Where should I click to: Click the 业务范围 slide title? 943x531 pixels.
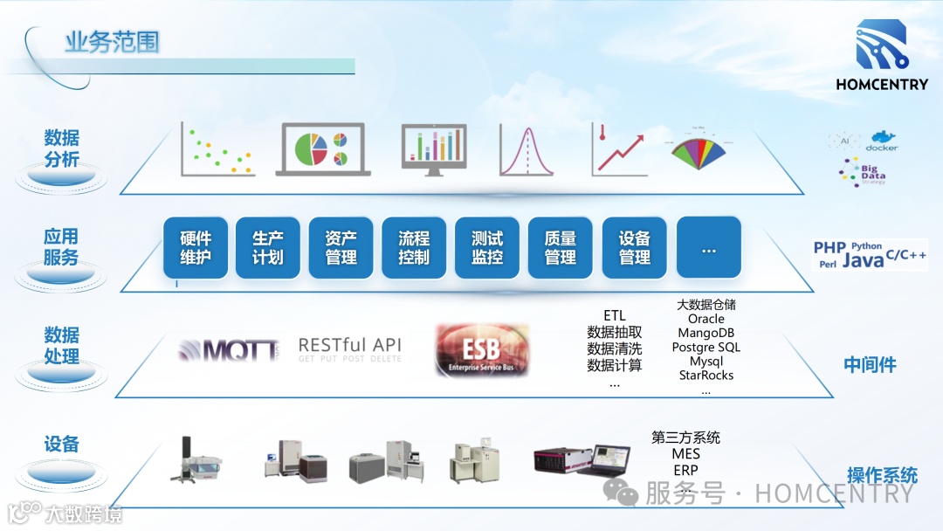[112, 42]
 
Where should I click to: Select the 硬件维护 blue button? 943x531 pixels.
[196, 248]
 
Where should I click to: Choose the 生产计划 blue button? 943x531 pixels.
[268, 248]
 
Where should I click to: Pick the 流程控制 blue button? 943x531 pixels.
[414, 248]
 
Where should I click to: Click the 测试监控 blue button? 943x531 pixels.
[487, 248]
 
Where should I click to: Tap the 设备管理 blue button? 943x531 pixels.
[635, 248]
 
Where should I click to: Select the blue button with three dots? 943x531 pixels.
[708, 248]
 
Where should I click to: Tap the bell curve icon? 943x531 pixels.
[527, 149]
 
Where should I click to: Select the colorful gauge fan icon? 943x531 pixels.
[699, 148]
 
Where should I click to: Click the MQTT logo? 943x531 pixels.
[229, 350]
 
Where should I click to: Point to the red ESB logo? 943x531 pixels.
[482, 350]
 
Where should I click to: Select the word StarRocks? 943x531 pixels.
[706, 376]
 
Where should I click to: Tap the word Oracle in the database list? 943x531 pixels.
[706, 320]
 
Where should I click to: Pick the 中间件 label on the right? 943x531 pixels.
[870, 365]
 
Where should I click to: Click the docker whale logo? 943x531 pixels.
[882, 141]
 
